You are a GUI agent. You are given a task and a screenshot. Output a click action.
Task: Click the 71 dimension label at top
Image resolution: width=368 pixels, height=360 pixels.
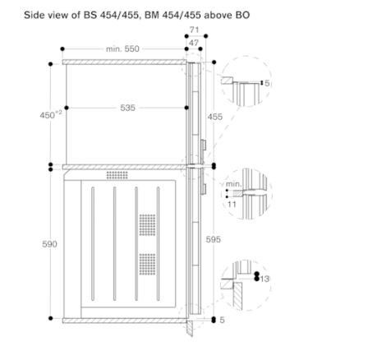[x=194, y=30]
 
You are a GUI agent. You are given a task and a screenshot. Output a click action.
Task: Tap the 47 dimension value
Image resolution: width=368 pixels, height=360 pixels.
[x=194, y=43]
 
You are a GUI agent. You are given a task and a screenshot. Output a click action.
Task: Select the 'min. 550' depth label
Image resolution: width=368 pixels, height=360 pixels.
[x=122, y=48]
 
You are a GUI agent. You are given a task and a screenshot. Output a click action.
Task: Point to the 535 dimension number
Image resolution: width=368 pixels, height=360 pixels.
[x=127, y=108]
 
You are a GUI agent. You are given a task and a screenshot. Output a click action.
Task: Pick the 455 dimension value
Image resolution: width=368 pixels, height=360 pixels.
[x=215, y=117]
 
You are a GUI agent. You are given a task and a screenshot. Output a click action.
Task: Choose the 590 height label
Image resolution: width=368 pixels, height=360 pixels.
[x=49, y=244]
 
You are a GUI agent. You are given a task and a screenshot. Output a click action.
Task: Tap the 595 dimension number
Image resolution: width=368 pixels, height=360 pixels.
[x=214, y=239]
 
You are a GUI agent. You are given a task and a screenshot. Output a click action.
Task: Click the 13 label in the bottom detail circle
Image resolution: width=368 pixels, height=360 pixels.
[x=264, y=279]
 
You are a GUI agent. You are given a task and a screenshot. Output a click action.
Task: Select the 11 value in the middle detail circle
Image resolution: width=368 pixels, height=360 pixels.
[x=232, y=204]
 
